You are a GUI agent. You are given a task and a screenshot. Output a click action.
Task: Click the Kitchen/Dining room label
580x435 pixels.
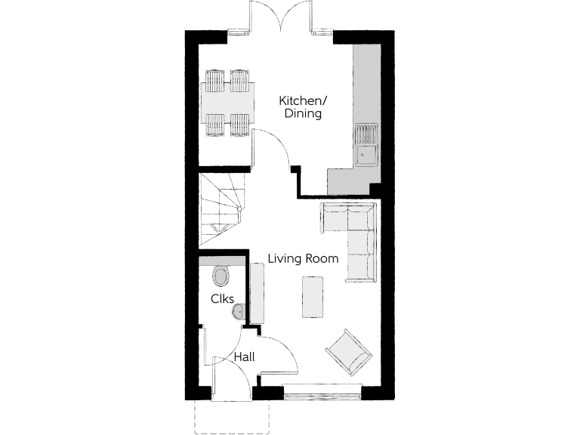click(x=301, y=107)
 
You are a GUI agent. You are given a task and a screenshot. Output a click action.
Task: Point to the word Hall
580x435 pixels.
click(x=243, y=356)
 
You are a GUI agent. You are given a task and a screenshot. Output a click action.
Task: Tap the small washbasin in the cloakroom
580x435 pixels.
click(x=239, y=310)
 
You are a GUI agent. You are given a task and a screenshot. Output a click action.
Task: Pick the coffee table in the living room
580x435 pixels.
click(x=312, y=297)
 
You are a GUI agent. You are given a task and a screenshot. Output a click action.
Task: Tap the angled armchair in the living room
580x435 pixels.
click(x=349, y=352)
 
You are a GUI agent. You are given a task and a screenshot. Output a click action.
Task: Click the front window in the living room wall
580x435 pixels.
click(x=323, y=391)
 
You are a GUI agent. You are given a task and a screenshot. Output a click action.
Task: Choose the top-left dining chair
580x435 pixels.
click(x=215, y=80)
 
